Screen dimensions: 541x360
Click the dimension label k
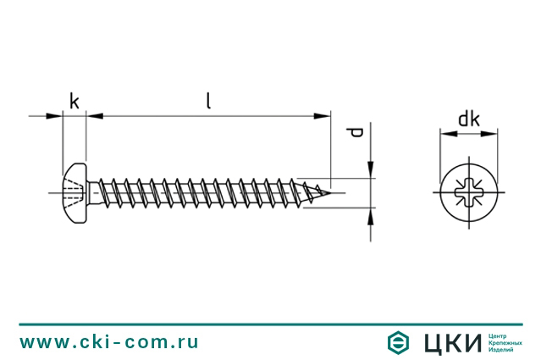point(75,101)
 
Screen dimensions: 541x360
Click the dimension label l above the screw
point(208,101)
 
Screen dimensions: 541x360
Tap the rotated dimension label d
point(356,132)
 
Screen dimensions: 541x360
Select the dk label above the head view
point(469,119)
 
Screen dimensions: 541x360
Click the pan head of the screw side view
point(75,193)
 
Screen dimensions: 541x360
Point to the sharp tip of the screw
point(330,192)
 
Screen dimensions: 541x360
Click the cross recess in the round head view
point(469,192)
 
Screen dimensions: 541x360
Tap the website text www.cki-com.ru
point(109,341)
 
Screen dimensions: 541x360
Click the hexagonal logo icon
point(398,343)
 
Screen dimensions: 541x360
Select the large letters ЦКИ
point(453,343)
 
